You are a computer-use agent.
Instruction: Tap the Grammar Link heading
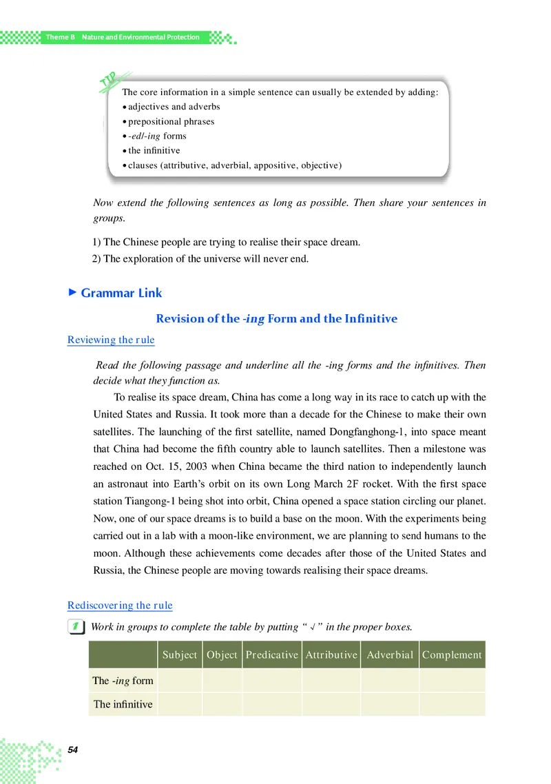pyautogui.click(x=121, y=293)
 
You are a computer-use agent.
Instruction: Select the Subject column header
pyautogui.click(x=180, y=655)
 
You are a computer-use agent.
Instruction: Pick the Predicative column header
pyautogui.click(x=272, y=655)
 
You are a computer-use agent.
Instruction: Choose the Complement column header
pyautogui.click(x=452, y=655)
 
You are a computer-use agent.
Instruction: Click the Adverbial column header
pyautogui.click(x=390, y=655)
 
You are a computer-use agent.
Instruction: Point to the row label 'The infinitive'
pyautogui.click(x=123, y=704)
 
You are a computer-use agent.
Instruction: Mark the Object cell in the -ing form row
pyautogui.click(x=222, y=681)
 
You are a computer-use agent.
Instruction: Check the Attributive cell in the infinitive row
pyautogui.click(x=331, y=704)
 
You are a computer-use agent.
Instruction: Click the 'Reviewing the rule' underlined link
pyautogui.click(x=111, y=340)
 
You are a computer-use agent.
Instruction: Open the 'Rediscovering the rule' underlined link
pyautogui.click(x=120, y=606)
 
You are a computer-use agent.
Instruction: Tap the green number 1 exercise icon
pyautogui.click(x=77, y=627)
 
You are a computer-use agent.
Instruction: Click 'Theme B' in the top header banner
pyautogui.click(x=60, y=37)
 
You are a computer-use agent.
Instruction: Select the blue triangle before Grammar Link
pyautogui.click(x=72, y=293)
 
